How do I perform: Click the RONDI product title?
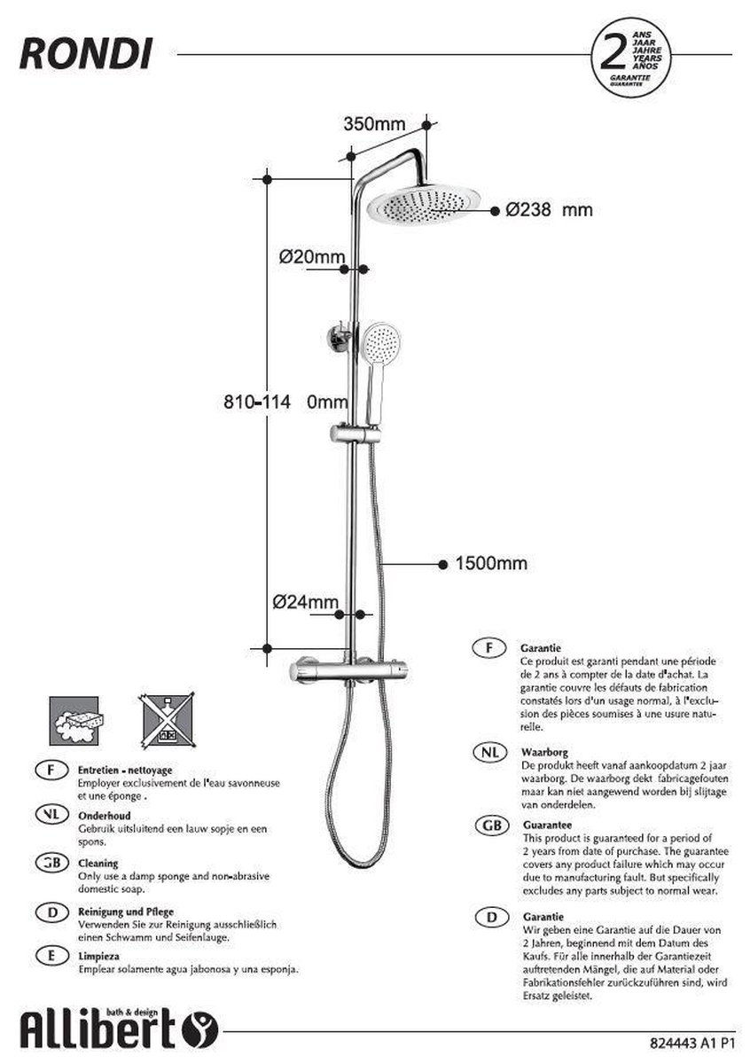pos(85,55)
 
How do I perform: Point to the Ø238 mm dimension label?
pos(549,210)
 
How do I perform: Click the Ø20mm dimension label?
pos(311,257)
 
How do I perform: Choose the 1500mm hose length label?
pos(490,563)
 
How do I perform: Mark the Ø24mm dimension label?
pos(306,601)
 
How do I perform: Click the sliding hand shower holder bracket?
pos(355,434)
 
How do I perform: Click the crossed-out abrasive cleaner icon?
pos(166,719)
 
